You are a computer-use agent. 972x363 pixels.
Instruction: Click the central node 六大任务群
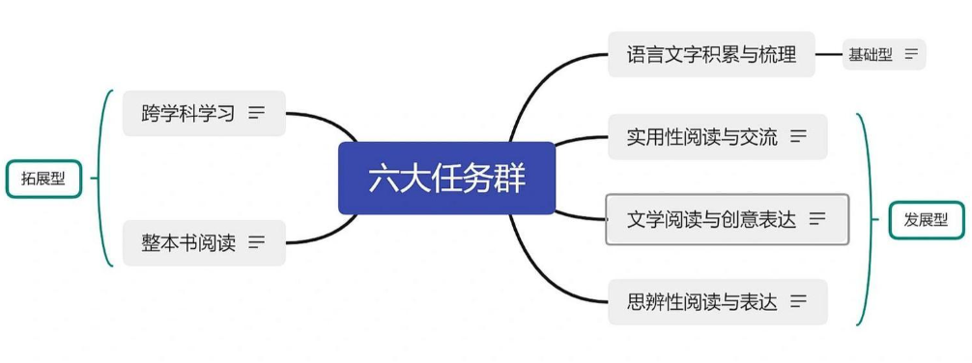pos(446,179)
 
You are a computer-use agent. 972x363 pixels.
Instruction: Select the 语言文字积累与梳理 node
pos(711,54)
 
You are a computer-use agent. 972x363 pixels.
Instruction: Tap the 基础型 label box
pos(871,54)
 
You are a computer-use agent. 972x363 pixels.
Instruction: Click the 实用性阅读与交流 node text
pos(701,136)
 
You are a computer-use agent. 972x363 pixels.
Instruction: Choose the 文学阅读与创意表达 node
pos(711,219)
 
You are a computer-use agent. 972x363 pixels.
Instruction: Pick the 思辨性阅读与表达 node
pos(701,301)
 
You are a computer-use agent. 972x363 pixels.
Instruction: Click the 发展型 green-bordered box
pos(926,221)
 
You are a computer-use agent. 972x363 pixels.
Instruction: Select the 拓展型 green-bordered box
pos(43,178)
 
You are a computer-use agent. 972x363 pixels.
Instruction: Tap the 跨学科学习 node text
pos(188,113)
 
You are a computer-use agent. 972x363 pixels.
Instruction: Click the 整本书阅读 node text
pos(188,242)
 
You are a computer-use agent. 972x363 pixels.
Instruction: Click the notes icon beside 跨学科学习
pos(256,113)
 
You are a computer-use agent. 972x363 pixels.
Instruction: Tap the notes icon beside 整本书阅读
pos(256,242)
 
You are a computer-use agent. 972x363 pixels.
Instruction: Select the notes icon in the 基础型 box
pos(911,54)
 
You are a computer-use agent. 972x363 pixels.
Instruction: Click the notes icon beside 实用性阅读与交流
pos(798,136)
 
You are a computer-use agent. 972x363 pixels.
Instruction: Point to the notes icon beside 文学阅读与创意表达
pos(817,219)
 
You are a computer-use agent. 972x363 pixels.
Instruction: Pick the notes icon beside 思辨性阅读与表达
pos(798,301)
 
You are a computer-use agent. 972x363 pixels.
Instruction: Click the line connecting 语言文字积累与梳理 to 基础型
pos(829,54)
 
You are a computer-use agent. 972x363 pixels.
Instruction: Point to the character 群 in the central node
pos(510,179)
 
